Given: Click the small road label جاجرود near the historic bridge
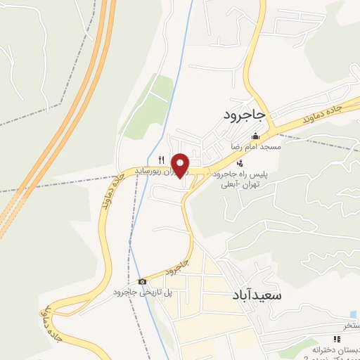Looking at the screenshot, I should point(177,268).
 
